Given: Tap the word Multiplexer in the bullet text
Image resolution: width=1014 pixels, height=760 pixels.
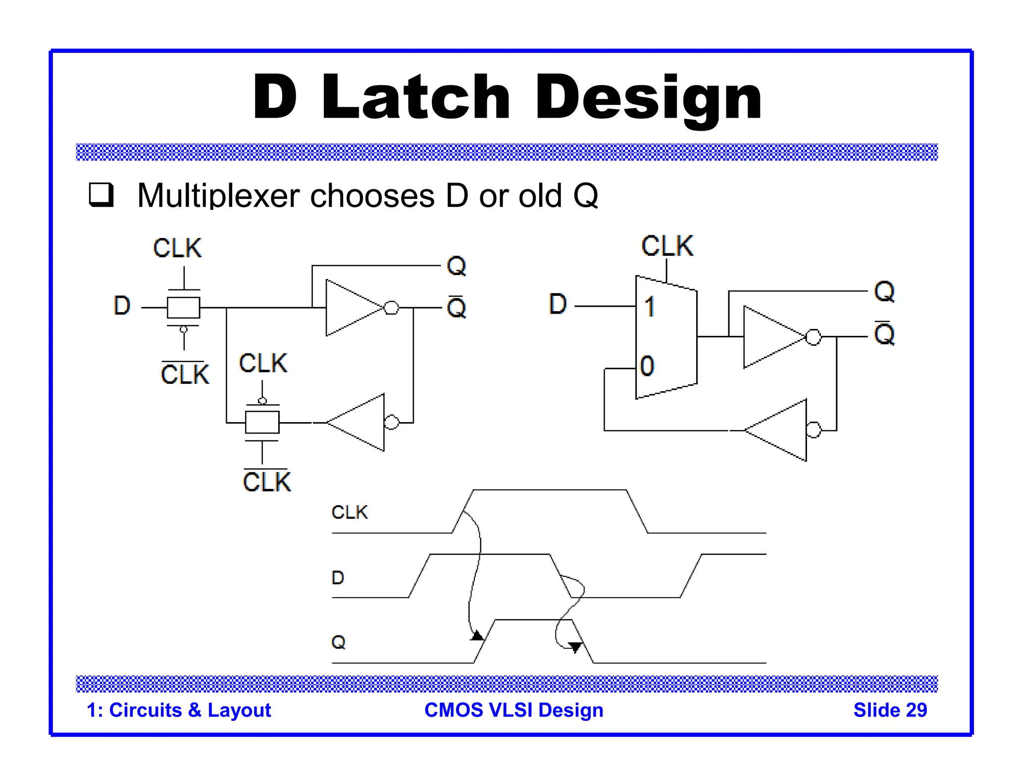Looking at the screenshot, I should (218, 196).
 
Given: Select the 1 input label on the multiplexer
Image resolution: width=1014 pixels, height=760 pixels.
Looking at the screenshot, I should (650, 307).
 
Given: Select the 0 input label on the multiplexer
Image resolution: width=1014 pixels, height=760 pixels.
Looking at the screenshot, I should (647, 366).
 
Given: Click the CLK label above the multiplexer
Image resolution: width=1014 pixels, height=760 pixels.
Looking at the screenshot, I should (667, 246).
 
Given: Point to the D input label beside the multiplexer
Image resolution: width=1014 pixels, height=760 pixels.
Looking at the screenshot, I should (558, 304).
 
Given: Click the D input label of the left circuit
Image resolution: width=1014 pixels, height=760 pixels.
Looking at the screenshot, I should (122, 305).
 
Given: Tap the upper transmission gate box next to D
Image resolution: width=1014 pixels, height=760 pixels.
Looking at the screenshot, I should (183, 308).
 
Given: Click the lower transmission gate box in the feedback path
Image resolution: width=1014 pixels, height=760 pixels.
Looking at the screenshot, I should (262, 423).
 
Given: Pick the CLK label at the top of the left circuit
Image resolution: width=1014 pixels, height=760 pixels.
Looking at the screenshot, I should (177, 248).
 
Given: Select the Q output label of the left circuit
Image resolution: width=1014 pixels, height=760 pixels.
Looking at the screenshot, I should (456, 266).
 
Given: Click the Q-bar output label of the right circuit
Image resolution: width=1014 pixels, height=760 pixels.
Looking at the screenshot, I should (884, 334).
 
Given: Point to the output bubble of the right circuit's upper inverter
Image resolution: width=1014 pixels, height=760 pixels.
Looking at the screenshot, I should (813, 337).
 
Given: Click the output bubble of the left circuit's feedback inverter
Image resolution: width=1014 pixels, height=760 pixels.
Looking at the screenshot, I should (392, 422).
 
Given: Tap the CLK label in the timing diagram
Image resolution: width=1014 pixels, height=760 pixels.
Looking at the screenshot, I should (350, 512).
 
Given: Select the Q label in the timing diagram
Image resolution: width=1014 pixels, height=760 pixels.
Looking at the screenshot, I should (338, 642).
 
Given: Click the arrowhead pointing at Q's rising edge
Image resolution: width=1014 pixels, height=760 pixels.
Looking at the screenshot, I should (477, 635).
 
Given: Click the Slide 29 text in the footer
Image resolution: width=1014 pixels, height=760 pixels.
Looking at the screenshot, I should (890, 710).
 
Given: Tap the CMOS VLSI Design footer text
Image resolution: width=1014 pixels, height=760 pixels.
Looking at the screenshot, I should (514, 710).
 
